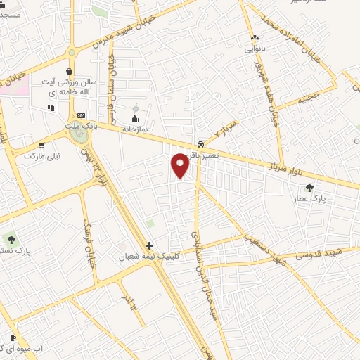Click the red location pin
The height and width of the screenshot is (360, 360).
click(181, 165)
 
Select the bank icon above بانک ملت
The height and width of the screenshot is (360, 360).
click(82, 115)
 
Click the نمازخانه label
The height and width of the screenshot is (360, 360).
click(135, 129)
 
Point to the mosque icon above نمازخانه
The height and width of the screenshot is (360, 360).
click(135, 117)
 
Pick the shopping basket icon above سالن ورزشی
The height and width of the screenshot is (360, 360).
click(69, 72)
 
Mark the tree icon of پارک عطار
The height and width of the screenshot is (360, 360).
click(309, 187)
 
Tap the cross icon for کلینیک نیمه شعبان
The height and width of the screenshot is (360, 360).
click(149, 246)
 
